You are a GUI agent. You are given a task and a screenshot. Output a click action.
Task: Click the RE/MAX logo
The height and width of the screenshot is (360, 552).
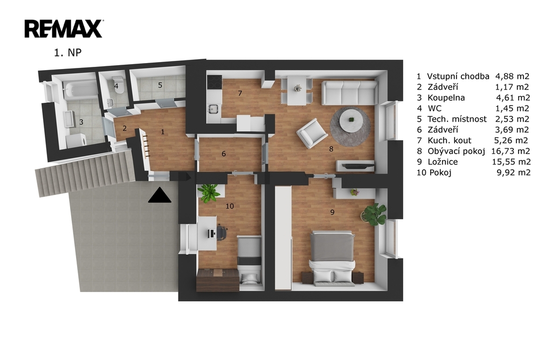(x=64, y=29)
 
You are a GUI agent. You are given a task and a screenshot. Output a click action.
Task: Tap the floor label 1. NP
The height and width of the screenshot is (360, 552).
(x=67, y=52)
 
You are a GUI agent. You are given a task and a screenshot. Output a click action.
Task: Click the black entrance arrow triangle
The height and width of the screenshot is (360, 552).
(x=160, y=195)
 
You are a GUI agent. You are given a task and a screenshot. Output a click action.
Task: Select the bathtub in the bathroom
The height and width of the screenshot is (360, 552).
(x=79, y=89)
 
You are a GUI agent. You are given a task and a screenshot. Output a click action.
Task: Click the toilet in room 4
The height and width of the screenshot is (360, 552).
(x=118, y=85)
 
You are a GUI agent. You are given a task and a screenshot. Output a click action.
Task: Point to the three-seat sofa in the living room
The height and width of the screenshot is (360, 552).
(x=350, y=93)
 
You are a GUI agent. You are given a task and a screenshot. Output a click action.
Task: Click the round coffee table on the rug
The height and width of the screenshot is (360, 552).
(x=351, y=120)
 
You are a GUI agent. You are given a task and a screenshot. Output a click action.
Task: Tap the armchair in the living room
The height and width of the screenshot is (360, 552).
(x=312, y=133)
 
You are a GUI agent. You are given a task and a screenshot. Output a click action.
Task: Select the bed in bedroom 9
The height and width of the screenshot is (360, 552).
(x=332, y=257)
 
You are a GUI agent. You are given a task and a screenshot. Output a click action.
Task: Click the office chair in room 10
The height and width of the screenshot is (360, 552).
(x=221, y=232)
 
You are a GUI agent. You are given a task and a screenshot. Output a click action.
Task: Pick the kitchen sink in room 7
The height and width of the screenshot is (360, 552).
(x=213, y=109)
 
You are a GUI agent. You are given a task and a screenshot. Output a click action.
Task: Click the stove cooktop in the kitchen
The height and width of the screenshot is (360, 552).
(x=215, y=82)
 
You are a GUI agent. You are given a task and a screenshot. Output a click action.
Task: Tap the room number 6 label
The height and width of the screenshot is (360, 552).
(x=224, y=154)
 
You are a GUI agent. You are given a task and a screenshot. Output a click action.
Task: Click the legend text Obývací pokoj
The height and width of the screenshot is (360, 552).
(x=456, y=151)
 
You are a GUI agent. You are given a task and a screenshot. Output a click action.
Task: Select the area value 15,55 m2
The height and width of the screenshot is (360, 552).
(x=511, y=162)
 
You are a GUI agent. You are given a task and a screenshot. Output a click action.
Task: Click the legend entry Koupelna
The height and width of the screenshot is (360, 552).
(x=446, y=98)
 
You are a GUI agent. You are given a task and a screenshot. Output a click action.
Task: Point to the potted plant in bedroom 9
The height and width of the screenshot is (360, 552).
(x=374, y=213)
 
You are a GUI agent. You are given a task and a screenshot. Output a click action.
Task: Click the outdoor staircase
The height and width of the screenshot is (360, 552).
(x=85, y=172)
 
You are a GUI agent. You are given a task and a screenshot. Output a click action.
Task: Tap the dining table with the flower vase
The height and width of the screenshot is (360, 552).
(x=297, y=91)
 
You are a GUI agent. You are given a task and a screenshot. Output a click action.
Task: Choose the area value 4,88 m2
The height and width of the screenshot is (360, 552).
(x=512, y=76)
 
